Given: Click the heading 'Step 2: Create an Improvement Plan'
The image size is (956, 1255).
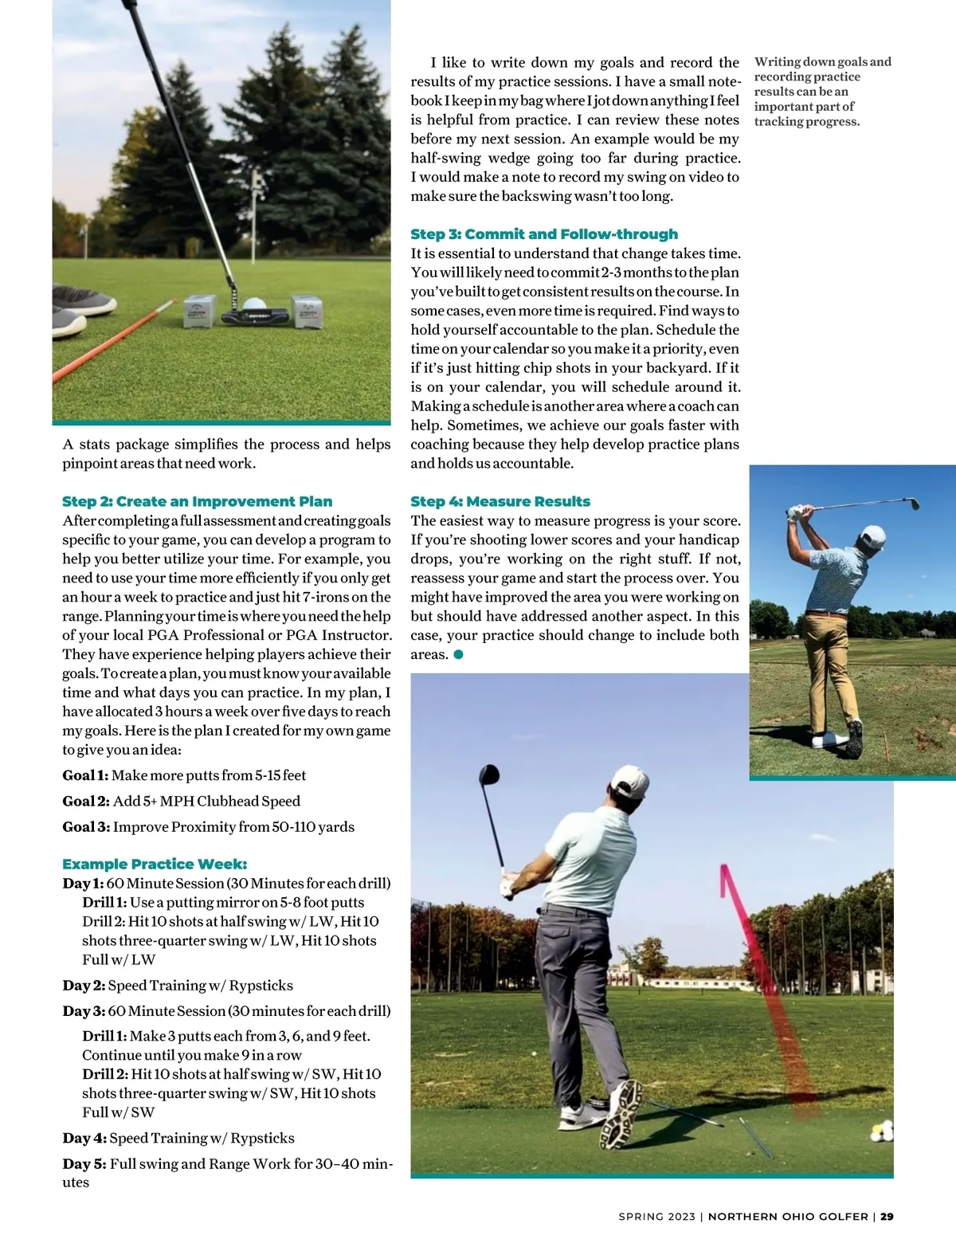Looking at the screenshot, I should (197, 501).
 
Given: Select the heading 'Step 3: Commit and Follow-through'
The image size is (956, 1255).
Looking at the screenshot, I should (544, 233).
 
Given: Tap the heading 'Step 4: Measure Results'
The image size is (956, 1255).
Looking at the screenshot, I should (500, 501).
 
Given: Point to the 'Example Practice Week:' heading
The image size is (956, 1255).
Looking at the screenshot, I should (155, 864).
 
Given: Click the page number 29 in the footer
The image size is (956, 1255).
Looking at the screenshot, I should (887, 1216).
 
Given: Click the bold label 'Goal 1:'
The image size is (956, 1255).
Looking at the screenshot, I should (85, 775).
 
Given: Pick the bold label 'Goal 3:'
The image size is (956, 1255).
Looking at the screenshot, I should (86, 826).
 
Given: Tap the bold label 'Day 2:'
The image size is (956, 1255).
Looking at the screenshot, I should (84, 985).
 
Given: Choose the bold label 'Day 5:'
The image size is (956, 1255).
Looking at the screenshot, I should (84, 1163).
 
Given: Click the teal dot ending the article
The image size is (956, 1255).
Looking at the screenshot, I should (458, 654).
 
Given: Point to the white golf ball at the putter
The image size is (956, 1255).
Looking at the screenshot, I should (253, 304).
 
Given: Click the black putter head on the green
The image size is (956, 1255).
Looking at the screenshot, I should (255, 316).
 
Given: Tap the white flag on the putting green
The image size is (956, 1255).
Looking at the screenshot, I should (257, 182).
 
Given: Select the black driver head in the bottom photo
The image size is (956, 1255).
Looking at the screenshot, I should (488, 775).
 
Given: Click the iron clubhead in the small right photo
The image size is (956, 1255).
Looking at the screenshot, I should (913, 504).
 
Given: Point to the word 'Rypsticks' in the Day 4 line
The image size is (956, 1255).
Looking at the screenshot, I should (262, 1138).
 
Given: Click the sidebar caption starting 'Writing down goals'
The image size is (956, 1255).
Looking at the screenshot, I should (822, 92).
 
